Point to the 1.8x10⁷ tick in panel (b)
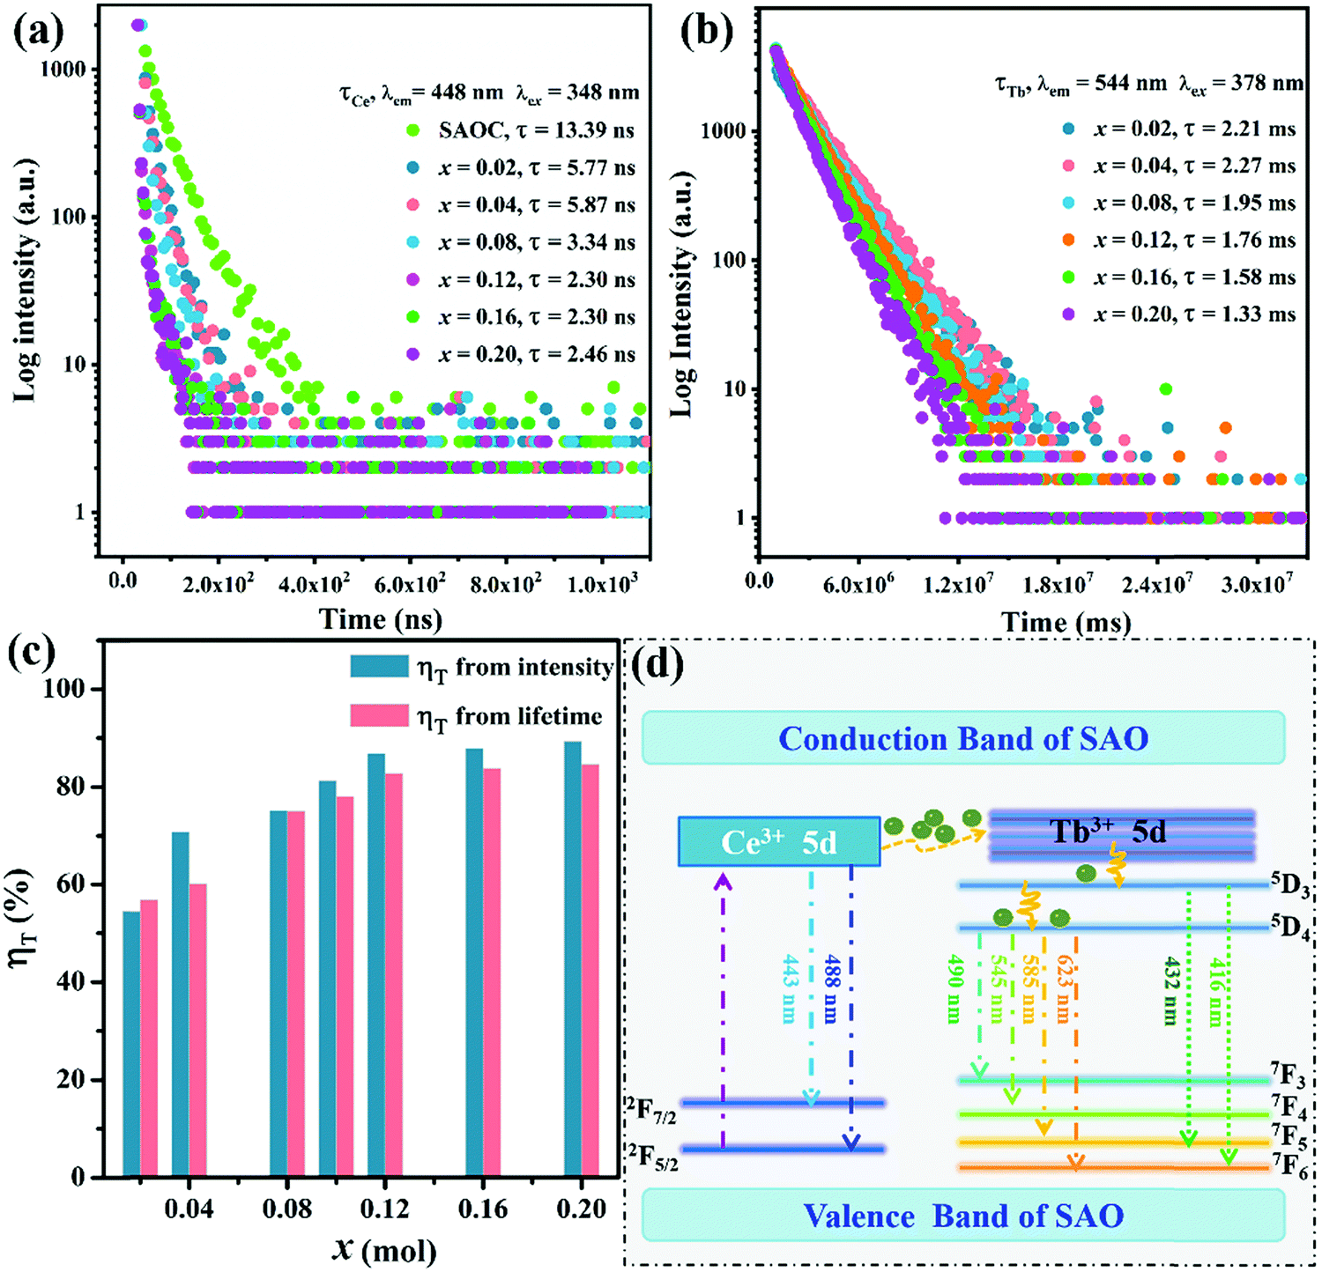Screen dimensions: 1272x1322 click(x=1058, y=583)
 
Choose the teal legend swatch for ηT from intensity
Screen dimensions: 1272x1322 click(x=379, y=666)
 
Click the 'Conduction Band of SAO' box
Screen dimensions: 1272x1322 click(x=962, y=738)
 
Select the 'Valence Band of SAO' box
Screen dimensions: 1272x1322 click(x=962, y=1216)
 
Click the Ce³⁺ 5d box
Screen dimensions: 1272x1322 click(x=779, y=841)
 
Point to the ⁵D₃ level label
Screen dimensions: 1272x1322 click(x=1289, y=884)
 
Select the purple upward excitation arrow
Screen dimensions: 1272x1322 click(x=723, y=1013)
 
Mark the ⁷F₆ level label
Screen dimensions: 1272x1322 click(x=1289, y=1166)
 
